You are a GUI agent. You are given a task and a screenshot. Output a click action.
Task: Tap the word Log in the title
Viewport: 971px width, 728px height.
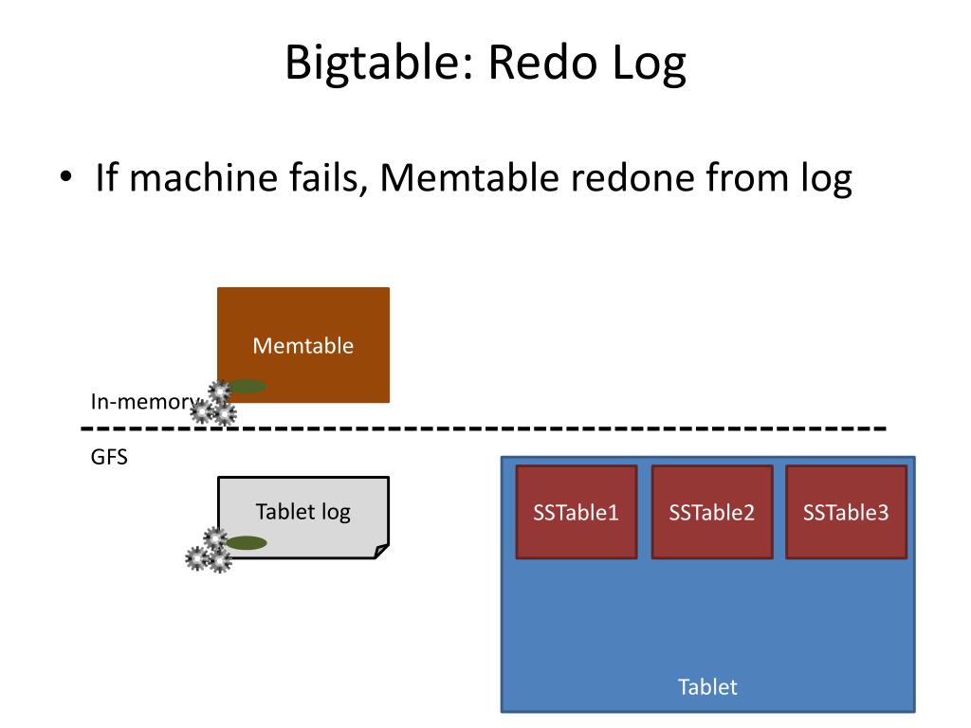[649, 64]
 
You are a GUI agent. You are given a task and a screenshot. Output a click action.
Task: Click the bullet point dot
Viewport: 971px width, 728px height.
[65, 176]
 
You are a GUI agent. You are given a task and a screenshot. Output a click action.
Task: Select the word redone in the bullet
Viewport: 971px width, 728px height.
[631, 177]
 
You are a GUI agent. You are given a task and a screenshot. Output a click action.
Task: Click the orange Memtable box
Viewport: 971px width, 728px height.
[303, 345]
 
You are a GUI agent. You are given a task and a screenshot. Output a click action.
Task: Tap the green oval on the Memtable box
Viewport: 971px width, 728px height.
[247, 387]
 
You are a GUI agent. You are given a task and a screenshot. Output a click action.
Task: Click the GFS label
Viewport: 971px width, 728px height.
[109, 457]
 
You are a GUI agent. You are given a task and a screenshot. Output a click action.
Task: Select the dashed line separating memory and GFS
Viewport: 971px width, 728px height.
[483, 428]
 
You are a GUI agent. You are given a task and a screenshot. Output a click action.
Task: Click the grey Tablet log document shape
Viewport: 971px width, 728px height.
[303, 517]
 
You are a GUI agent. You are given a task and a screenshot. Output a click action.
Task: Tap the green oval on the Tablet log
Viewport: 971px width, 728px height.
[247, 543]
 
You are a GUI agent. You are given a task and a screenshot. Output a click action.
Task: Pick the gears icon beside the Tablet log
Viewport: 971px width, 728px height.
[210, 551]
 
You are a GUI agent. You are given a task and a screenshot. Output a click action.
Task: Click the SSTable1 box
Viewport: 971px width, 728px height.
[577, 512]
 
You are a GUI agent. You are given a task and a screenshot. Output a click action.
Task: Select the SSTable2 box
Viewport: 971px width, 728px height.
[712, 512]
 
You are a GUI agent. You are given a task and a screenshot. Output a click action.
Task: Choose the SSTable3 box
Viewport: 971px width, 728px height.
[847, 512]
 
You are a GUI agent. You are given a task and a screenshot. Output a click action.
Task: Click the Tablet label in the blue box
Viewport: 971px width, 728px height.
[707, 686]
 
